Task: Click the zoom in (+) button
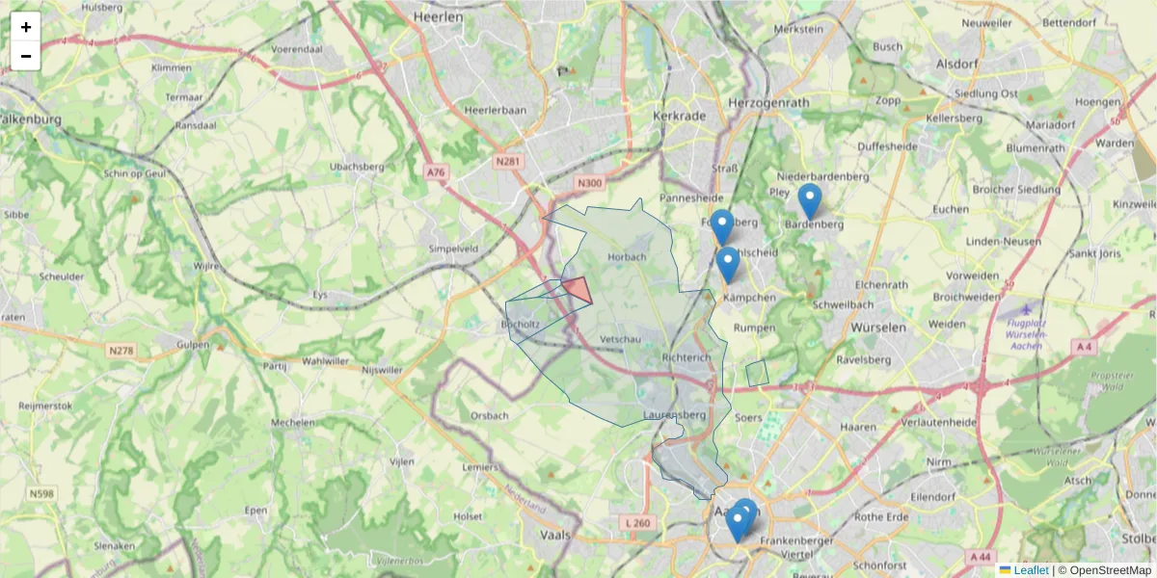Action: [x=25, y=27]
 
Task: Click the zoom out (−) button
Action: [x=25, y=56]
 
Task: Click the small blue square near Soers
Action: [x=757, y=373]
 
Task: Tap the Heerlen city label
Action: [x=438, y=17]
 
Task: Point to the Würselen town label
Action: [x=878, y=328]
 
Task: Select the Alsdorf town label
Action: [x=957, y=64]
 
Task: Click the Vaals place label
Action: [x=555, y=535]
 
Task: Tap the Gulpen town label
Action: [x=194, y=344]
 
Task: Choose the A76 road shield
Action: [x=437, y=172]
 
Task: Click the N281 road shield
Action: [x=507, y=164]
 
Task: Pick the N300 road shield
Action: [x=589, y=183]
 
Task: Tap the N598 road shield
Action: [x=41, y=494]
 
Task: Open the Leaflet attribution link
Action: [x=1030, y=570]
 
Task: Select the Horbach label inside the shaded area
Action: [x=627, y=257]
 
